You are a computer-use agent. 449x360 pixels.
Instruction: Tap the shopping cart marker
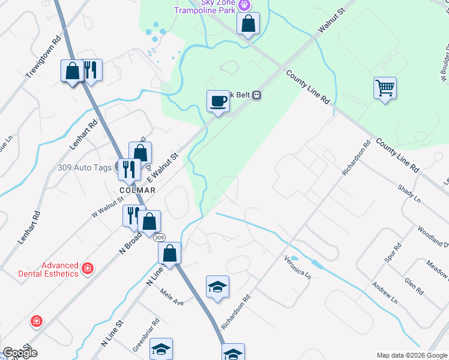coord(385,88)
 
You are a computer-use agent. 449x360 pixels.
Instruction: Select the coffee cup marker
coord(218,101)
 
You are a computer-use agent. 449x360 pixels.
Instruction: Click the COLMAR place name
coord(137,190)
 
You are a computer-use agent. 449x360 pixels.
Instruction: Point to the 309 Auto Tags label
coord(85,168)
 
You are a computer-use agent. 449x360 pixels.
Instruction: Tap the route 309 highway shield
coord(159,238)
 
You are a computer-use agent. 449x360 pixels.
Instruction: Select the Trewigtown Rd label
coord(44,56)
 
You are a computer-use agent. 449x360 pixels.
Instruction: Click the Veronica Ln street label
coord(298,267)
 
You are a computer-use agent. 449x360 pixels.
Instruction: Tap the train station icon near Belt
coord(256,95)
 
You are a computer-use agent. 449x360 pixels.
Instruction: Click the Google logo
coord(19,352)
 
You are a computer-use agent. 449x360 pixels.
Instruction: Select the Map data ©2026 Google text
coord(411,355)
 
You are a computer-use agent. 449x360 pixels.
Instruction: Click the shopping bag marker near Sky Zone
coord(248,25)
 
